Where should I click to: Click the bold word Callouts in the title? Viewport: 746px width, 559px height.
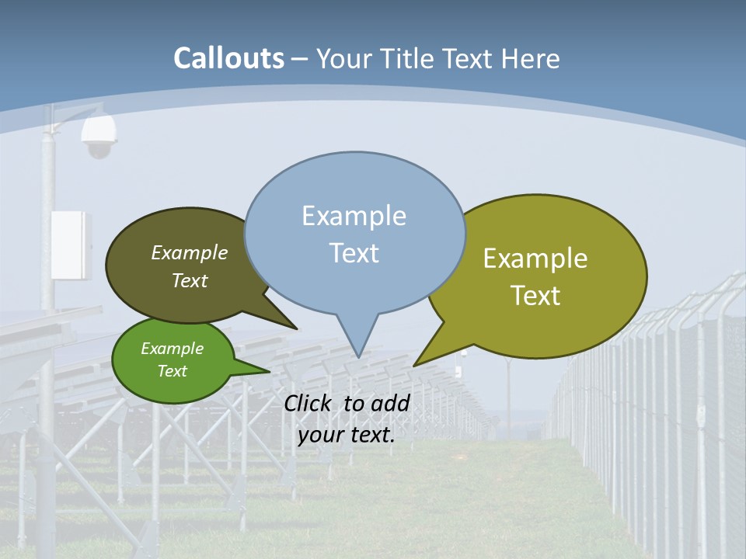(x=228, y=58)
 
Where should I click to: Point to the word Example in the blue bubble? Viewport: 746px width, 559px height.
(x=354, y=216)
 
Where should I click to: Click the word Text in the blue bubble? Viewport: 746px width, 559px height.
(x=354, y=253)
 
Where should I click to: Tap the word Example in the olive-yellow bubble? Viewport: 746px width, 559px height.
(x=535, y=259)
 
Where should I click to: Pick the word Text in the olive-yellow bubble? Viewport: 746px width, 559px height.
(x=535, y=296)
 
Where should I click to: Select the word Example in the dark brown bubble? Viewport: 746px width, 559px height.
(x=190, y=252)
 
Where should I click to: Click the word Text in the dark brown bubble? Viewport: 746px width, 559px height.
(x=190, y=280)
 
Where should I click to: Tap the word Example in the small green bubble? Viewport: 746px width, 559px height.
(x=172, y=349)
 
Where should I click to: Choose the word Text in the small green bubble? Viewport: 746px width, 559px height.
(x=172, y=371)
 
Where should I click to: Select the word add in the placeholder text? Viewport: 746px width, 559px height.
(x=390, y=403)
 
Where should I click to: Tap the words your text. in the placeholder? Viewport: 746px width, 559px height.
(x=347, y=435)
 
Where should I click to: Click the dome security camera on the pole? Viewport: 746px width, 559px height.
(x=99, y=137)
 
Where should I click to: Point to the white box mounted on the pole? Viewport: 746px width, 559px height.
(x=71, y=245)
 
